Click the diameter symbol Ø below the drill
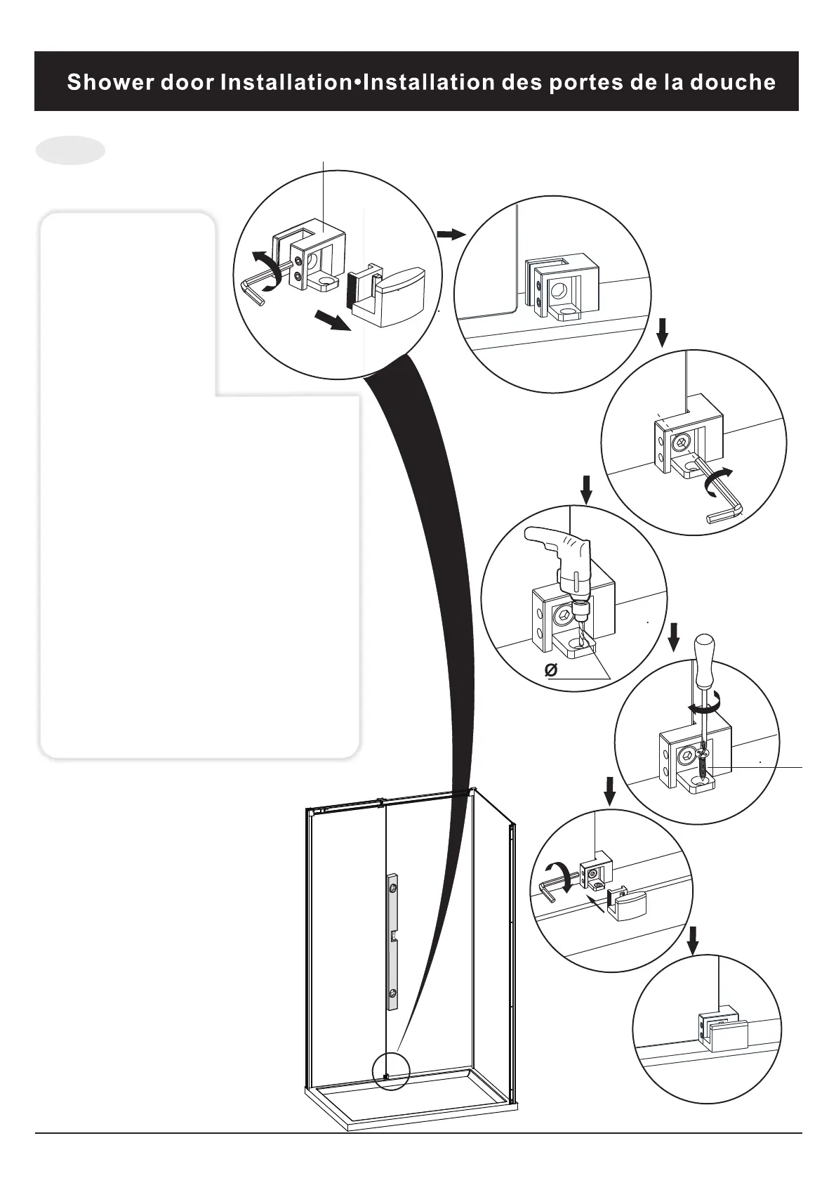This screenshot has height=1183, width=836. [551, 671]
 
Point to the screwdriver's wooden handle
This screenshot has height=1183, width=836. [703, 651]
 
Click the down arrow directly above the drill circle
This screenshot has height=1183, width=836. [587, 488]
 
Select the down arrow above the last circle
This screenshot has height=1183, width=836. [693, 940]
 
